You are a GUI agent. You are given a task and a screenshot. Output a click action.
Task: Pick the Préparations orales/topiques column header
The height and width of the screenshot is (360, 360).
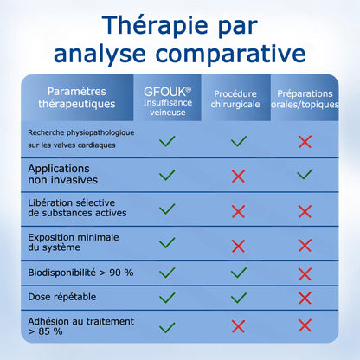tap(304, 99)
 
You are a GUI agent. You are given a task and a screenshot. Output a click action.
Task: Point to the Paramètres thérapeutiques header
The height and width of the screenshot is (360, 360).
tap(81, 98)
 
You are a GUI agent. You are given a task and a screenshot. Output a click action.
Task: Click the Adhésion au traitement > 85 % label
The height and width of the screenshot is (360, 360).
tap(68, 325)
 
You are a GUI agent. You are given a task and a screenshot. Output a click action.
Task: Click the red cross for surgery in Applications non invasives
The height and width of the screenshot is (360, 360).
tap(239, 176)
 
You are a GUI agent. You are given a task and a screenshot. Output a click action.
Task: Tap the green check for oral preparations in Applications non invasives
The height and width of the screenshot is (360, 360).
tap(305, 175)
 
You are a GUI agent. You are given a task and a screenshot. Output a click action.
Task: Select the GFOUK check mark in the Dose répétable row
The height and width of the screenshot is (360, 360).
tap(168, 298)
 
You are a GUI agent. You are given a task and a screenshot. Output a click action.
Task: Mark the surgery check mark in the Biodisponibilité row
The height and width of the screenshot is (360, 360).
tap(239, 273)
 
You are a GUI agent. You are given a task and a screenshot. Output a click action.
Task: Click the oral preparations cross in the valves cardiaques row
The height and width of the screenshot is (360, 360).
tap(305, 141)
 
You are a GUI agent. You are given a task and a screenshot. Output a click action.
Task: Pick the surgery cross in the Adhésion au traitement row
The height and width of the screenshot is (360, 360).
tap(239, 325)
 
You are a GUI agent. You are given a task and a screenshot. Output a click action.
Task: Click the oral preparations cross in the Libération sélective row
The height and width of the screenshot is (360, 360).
tap(305, 211)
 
